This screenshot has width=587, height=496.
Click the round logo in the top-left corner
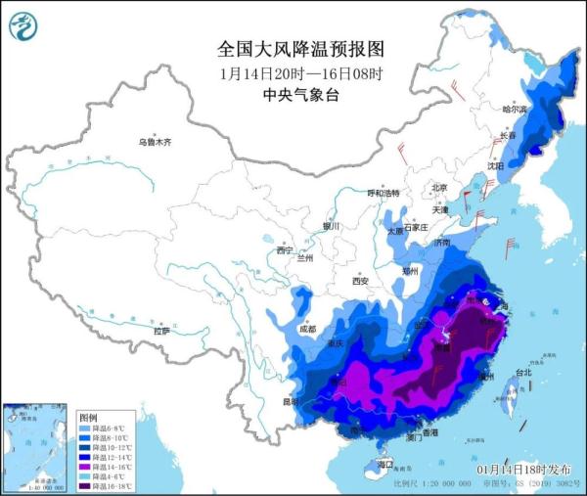23,26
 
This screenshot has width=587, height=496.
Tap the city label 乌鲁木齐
154,142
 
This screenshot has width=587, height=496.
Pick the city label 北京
439,188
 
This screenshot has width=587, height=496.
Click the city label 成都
309,329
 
